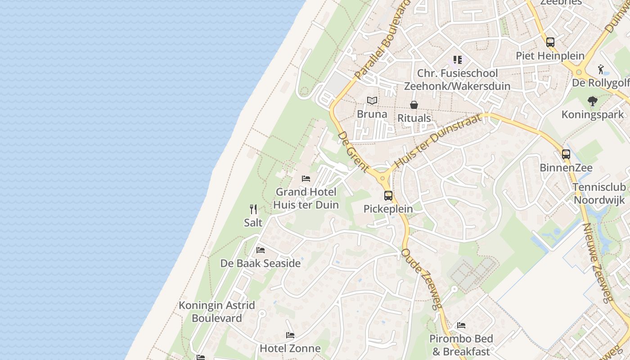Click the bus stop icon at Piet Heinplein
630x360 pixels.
click(550, 42)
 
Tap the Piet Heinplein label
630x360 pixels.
click(550, 56)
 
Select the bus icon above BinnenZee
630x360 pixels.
click(566, 154)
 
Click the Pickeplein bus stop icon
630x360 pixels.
click(388, 196)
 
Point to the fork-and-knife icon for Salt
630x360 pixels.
click(253, 209)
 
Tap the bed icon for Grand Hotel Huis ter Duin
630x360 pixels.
click(306, 179)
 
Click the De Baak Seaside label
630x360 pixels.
click(260, 263)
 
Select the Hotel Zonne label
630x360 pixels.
click(290, 348)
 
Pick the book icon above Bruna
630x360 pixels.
click(372, 101)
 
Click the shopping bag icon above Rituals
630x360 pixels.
click(414, 105)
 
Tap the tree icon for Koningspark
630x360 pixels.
click(592, 101)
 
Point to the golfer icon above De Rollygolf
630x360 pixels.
click(601, 70)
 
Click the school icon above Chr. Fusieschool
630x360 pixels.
click(458, 60)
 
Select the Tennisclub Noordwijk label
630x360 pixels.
click(600, 193)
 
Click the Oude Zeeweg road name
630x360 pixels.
click(422, 279)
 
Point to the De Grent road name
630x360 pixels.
click(353, 151)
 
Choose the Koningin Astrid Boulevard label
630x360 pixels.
click(217, 311)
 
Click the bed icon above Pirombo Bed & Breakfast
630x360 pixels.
click(461, 325)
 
